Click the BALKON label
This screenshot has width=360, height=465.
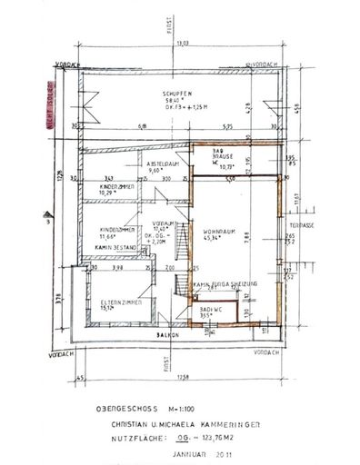tap(166, 334)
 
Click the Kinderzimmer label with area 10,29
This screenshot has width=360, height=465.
tap(116, 187)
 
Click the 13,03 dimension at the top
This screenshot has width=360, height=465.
tap(182, 43)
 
